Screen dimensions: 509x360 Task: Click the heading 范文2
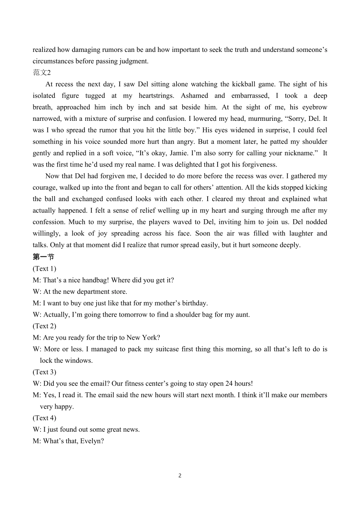click(x=42, y=73)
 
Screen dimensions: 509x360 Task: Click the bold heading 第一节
click(x=44, y=257)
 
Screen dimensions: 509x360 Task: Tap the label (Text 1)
click(x=44, y=269)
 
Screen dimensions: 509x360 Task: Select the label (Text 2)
click(x=44, y=326)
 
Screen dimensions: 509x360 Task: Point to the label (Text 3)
click(x=44, y=372)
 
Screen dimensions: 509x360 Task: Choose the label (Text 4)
click(x=44, y=418)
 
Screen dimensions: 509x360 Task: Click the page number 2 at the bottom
click(x=180, y=476)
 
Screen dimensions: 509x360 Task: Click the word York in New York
click(x=150, y=337)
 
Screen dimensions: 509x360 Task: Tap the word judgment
click(x=133, y=61)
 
